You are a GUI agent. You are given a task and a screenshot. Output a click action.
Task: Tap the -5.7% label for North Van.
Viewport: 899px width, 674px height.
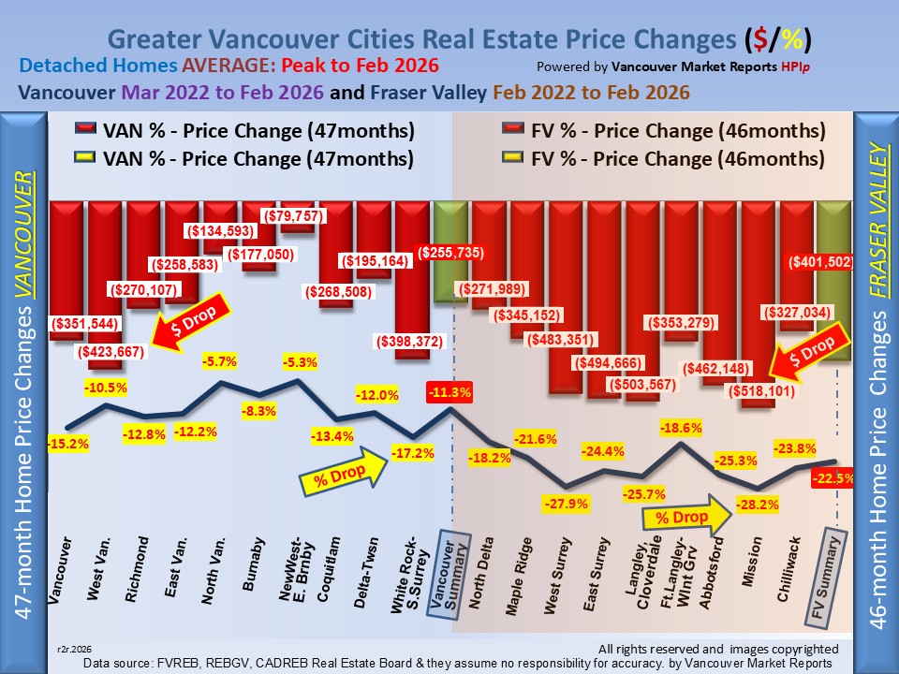(x=222, y=360)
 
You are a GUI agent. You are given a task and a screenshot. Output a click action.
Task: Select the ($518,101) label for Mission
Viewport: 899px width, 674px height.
(x=759, y=391)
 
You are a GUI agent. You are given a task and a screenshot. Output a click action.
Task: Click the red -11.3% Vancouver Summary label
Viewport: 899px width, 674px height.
(x=449, y=391)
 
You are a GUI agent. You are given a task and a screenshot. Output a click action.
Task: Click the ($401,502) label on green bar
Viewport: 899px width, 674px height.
(x=820, y=263)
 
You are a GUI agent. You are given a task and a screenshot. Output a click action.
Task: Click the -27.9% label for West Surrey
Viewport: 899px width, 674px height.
(x=566, y=505)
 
